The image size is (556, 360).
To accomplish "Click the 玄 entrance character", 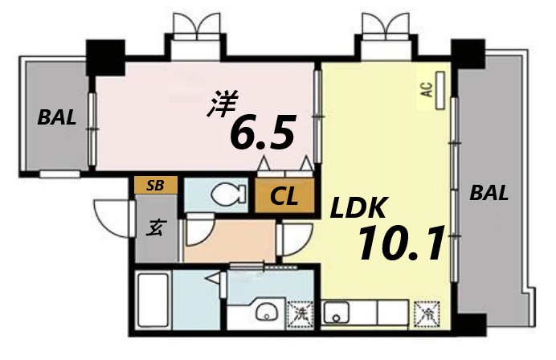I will (153, 227).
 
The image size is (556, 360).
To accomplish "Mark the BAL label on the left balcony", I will (57, 118).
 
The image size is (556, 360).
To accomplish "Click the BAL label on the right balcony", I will (489, 193).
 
